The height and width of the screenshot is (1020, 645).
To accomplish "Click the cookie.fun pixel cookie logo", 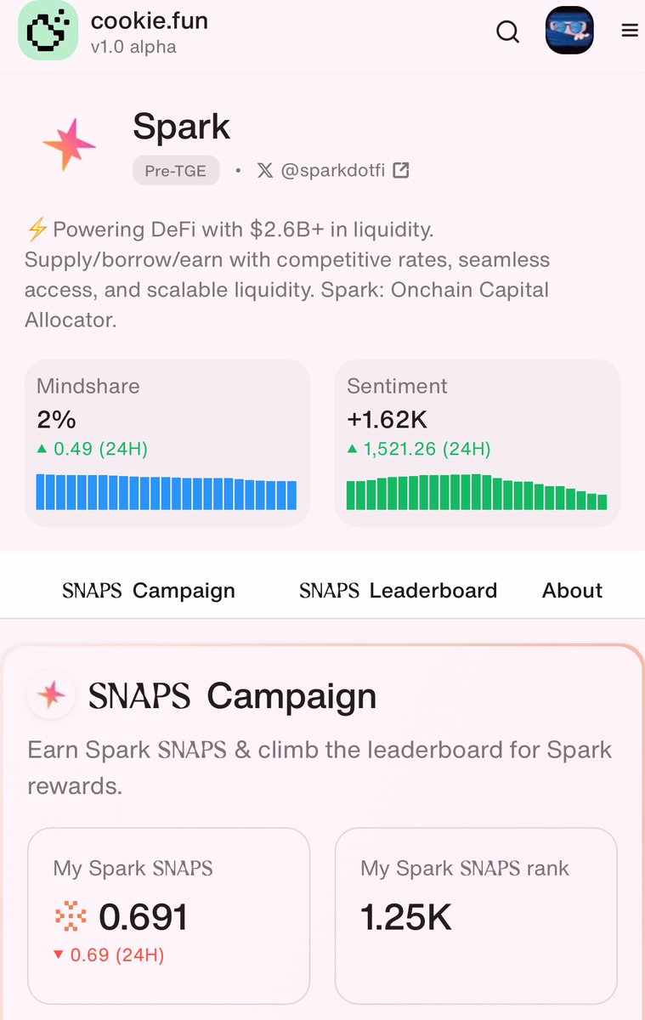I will tap(48, 31).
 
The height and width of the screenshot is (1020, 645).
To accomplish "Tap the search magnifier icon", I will tap(507, 31).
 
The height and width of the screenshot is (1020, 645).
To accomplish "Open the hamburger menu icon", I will tap(630, 31).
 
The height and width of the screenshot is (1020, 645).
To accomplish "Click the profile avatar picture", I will tap(569, 31).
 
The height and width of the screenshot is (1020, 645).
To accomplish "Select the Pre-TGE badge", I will tap(176, 170).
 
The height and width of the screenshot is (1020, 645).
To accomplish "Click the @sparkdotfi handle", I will tap(332, 170).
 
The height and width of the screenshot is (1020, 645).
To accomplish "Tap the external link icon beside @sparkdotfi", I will tap(401, 170).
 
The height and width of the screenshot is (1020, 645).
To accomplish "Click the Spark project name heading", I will tap(181, 127).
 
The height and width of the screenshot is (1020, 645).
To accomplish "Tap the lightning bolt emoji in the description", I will tap(37, 229).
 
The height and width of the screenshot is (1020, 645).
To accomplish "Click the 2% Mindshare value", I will tap(56, 419).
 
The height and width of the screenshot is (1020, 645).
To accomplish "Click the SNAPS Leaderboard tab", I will tap(398, 591).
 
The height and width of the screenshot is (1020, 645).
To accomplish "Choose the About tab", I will tap(572, 591).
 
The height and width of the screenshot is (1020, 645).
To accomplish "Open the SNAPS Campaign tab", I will tap(149, 591).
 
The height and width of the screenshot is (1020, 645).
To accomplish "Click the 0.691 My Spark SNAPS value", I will tap(143, 917).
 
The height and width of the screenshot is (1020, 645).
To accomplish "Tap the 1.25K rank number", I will tap(406, 917).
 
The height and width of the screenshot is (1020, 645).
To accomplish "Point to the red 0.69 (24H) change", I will tap(116, 955).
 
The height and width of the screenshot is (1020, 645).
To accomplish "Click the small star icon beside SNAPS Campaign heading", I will tap(50, 696).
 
